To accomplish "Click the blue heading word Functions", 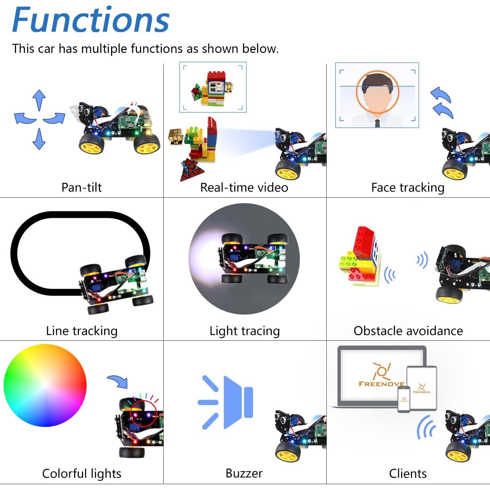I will click(x=91, y=20).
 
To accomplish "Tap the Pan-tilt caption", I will click(x=82, y=188).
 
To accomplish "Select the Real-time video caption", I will click(x=244, y=188).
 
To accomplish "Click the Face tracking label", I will click(x=408, y=188).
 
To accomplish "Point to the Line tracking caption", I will click(x=82, y=331).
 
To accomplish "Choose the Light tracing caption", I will click(x=245, y=331).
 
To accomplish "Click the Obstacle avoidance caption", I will click(x=408, y=331).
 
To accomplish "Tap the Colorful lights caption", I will click(x=82, y=473).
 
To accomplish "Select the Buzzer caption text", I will click(x=244, y=473).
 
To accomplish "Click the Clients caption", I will click(x=408, y=473).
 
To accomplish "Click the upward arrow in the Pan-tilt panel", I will click(x=39, y=100).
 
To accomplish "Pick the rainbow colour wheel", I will click(x=45, y=385).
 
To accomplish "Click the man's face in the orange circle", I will click(x=377, y=93).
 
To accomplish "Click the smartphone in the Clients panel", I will click(x=404, y=399).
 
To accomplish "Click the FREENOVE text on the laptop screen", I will click(x=381, y=384).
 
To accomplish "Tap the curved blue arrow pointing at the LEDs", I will click(x=118, y=381).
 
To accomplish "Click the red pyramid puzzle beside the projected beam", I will click(x=192, y=169).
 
